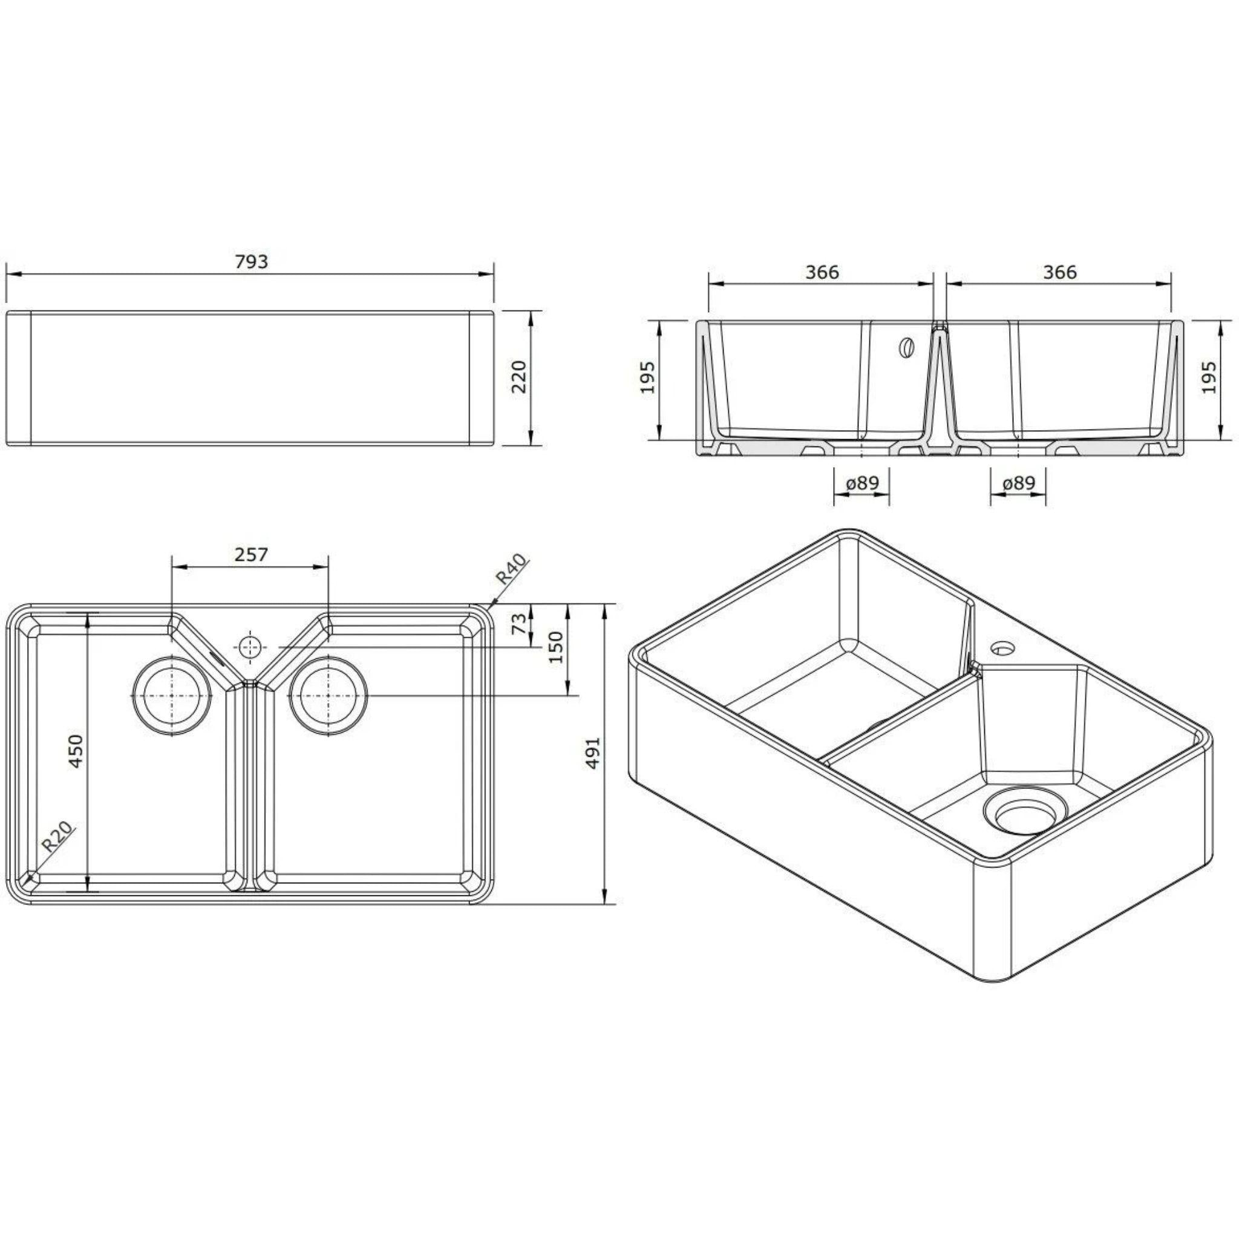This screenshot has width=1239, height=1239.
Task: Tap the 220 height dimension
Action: (520, 377)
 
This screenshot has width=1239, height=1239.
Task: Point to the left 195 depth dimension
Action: (648, 377)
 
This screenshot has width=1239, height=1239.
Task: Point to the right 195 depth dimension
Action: (1208, 377)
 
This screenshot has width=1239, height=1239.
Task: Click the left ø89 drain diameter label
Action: (862, 483)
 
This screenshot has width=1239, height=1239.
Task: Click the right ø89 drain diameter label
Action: (1018, 483)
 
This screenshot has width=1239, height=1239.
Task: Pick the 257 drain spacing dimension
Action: (250, 554)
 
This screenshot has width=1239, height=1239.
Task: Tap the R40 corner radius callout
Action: (511, 568)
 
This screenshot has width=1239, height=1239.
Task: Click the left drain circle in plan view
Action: (171, 695)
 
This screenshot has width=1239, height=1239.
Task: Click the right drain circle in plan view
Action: (329, 695)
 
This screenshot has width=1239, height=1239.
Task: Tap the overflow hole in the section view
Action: (906, 348)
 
